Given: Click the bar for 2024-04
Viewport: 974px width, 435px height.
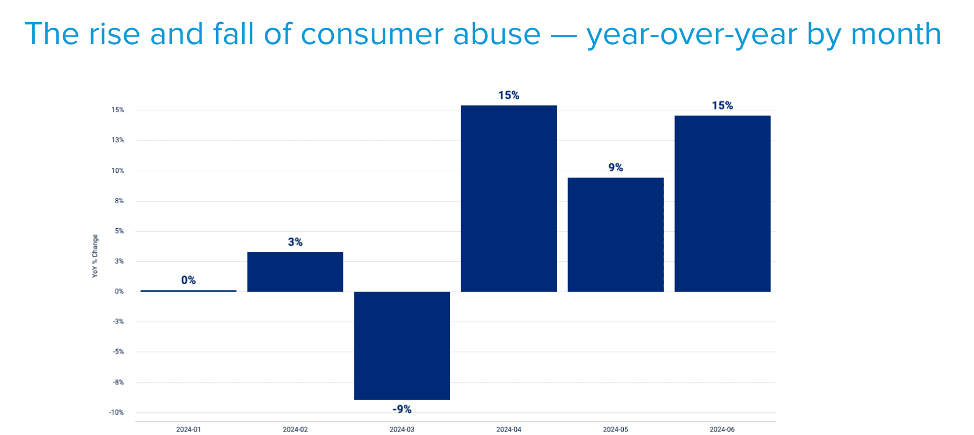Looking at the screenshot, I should pos(509,198).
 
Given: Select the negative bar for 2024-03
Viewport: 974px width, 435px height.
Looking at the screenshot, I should pos(402,346).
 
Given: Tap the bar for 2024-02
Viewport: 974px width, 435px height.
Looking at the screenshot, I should pos(295,272).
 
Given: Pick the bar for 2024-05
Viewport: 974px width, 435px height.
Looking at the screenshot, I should pos(616,235).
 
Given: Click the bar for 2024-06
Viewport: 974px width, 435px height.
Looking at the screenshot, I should pos(723,203).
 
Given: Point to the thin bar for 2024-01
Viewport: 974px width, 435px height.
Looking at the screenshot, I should pos(188,290).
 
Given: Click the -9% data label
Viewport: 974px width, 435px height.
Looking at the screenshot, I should pos(402,409).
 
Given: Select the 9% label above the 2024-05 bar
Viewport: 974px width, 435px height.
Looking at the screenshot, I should pos(616,167).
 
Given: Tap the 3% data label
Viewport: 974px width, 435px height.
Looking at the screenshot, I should pos(295,242).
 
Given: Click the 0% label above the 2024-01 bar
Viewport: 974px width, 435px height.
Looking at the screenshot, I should pos(188,280).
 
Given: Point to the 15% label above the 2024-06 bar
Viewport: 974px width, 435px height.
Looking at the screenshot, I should pos(723,105).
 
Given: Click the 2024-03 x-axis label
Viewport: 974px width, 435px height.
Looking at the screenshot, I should pos(402,429).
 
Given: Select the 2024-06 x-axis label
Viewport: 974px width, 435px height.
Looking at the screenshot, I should pos(722,429).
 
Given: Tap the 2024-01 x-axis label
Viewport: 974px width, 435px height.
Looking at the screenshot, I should pos(188,429).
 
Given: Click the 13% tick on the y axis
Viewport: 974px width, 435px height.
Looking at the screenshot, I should pos(118,140).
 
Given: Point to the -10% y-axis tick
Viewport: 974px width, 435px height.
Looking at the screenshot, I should pos(116,412).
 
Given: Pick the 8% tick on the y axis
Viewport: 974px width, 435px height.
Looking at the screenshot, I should pos(119,201).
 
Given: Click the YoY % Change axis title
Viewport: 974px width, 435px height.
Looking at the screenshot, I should pos(95,256).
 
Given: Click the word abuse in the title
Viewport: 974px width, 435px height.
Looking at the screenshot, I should pos(497,34).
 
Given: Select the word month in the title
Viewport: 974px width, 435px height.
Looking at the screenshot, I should pos(896,34).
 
